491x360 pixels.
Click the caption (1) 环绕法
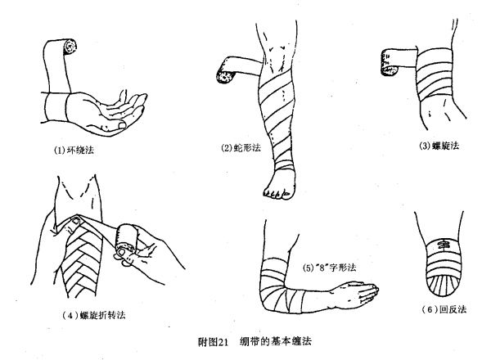tap(74, 151)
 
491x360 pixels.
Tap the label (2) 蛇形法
tap(241, 147)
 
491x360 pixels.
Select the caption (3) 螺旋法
tap(439, 146)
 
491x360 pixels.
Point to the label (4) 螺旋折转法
tap(94, 315)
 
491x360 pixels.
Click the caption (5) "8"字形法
tap(330, 268)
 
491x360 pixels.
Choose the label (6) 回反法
tap(444, 309)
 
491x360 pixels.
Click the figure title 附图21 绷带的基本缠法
tap(255, 341)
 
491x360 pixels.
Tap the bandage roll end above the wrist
tap(70, 47)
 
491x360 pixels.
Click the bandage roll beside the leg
tap(226, 77)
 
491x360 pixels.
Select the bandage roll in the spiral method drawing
tap(389, 63)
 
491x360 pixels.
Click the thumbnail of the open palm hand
tap(123, 125)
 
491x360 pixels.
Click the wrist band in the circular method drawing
tap(56, 107)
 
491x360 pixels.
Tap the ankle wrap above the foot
tap(284, 165)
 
